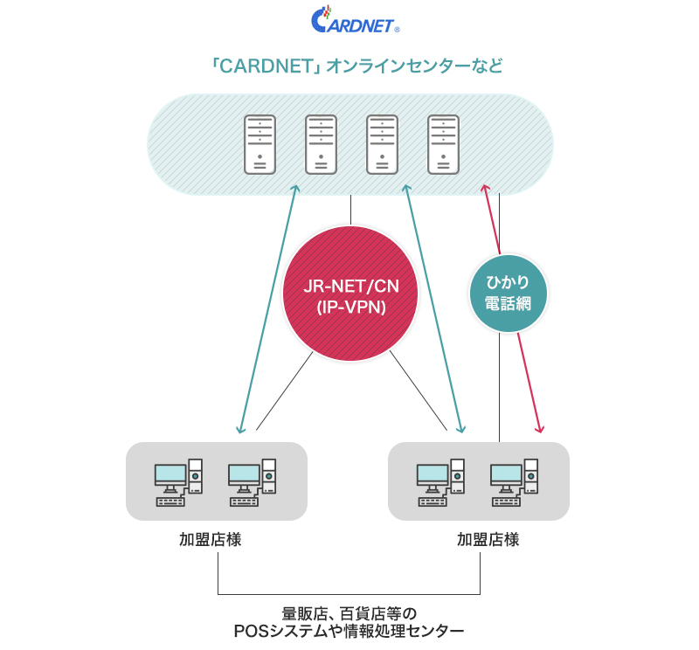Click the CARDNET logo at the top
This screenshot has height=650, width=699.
click(355, 19)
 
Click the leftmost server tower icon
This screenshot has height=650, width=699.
click(260, 144)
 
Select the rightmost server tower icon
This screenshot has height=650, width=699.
click(443, 144)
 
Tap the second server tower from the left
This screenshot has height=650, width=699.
click(321, 144)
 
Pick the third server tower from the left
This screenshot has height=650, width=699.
click(382, 144)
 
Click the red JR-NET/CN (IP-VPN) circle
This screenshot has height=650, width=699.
click(351, 294)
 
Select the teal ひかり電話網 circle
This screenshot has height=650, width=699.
click(509, 294)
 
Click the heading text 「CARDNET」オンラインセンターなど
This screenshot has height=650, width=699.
click(356, 66)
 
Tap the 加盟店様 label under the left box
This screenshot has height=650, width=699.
click(211, 539)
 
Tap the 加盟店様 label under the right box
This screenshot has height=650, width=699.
click(488, 539)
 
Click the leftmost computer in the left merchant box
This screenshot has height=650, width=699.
click(179, 482)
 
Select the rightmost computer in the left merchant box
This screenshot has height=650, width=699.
click(253, 482)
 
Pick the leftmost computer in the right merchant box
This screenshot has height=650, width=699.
click(441, 482)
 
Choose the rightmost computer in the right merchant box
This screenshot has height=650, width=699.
click(515, 482)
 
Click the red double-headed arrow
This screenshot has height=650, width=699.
click(513, 308)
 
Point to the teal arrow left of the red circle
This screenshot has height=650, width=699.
click(268, 308)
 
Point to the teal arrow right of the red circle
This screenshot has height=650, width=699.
click(433, 308)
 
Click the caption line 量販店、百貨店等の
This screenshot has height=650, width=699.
click(349, 614)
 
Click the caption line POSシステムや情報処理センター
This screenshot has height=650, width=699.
click(349, 632)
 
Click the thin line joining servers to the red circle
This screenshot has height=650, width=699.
click(351, 210)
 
